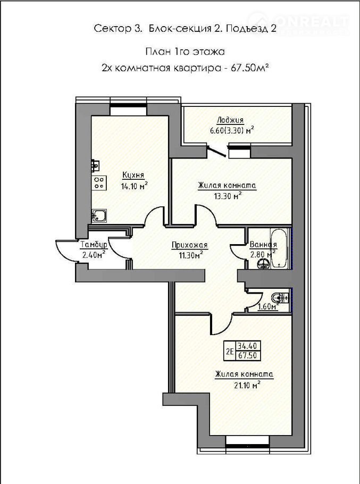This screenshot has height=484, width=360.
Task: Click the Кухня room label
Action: coord(133,176)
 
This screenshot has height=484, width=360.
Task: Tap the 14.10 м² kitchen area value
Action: coord(134,186)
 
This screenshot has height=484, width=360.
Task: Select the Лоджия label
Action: coord(230,120)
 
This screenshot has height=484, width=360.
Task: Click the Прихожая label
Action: coord(190,245)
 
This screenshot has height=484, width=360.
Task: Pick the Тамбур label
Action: coord(94,245)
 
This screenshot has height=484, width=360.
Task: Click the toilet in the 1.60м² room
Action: coord(279,298)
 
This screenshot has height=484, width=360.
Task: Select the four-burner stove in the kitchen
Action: coord(99,183)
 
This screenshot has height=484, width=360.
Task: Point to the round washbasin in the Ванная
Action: coord(263,264)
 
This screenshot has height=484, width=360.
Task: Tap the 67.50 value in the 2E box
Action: coord(247,356)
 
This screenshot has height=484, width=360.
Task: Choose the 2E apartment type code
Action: coord(230,351)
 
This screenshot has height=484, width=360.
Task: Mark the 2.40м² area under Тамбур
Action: coord(94,254)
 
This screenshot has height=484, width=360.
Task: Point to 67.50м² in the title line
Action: coord(249,68)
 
